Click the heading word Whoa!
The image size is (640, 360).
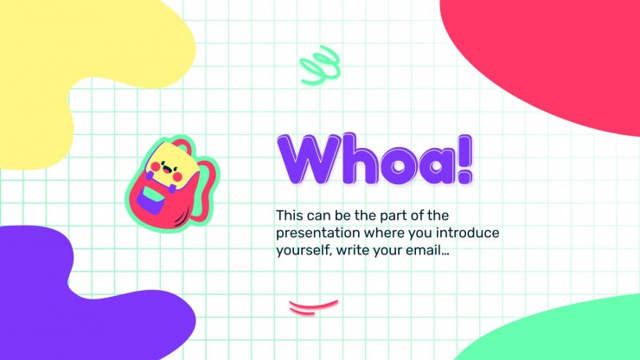tap(374, 159)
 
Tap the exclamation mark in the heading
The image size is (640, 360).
tap(464, 159)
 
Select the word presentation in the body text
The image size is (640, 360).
tap(318, 234)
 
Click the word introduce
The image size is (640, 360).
tap(467, 233)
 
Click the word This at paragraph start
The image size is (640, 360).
tap(290, 215)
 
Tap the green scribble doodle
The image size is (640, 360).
tap(320, 65)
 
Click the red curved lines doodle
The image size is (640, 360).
tap(313, 307)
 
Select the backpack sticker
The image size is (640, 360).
tap(172, 183)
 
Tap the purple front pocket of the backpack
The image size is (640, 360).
tap(151, 199)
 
